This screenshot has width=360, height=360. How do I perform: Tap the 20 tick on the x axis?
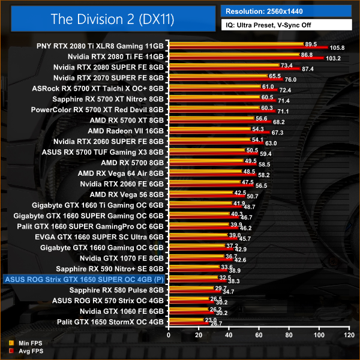200,335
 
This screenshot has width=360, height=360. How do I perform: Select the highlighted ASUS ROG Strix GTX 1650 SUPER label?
83,279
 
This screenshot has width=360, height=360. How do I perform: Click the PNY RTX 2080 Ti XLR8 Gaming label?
100,45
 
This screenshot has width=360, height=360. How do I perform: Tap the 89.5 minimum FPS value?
311,44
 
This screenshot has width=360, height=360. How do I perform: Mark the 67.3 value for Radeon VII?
278,133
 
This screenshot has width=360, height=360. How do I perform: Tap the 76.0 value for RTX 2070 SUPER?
291,80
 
